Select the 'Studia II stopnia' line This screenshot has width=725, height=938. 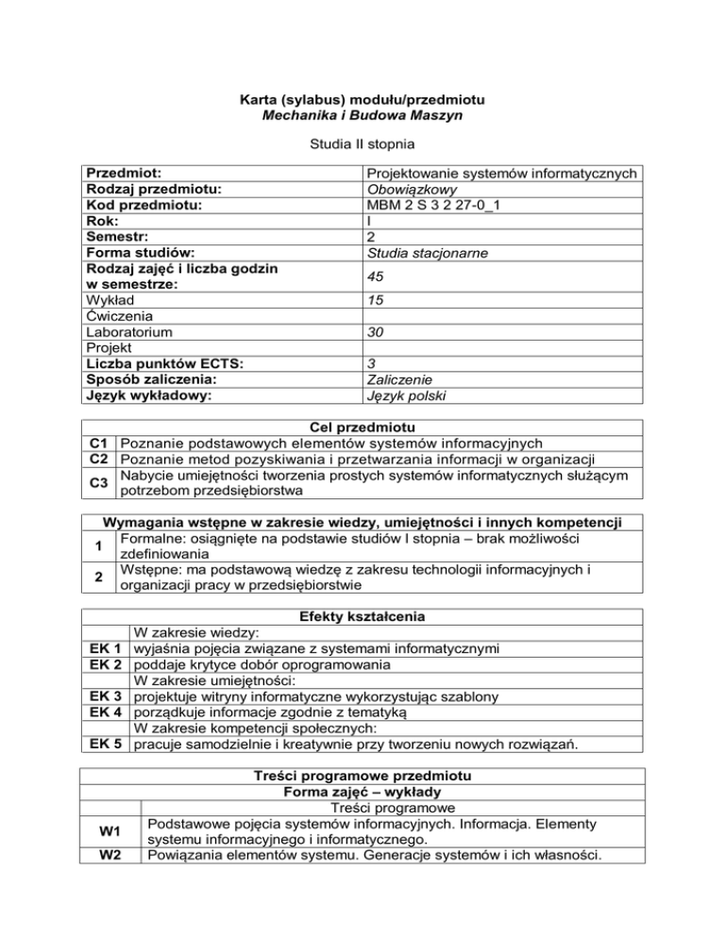click(x=362, y=147)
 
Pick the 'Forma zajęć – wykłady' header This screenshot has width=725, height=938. click(x=362, y=793)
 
